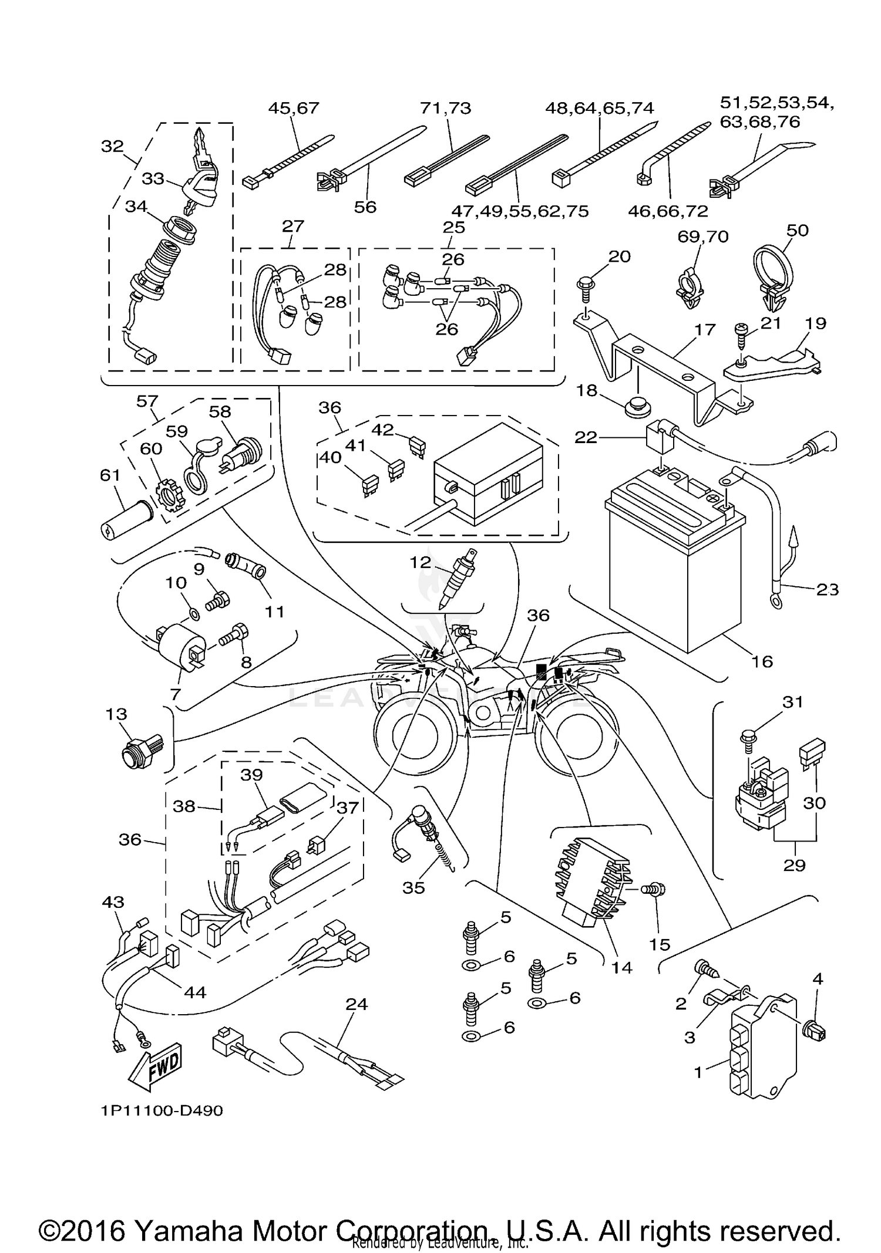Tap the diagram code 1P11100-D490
[x=161, y=1110]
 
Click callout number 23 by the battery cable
[x=828, y=589]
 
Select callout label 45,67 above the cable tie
[x=293, y=108]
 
